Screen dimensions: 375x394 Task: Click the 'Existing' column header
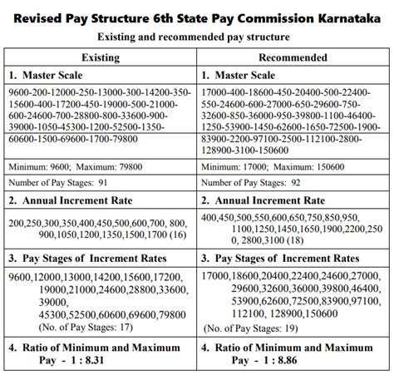[101, 57]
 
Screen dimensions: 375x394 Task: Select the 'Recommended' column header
[292, 57]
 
